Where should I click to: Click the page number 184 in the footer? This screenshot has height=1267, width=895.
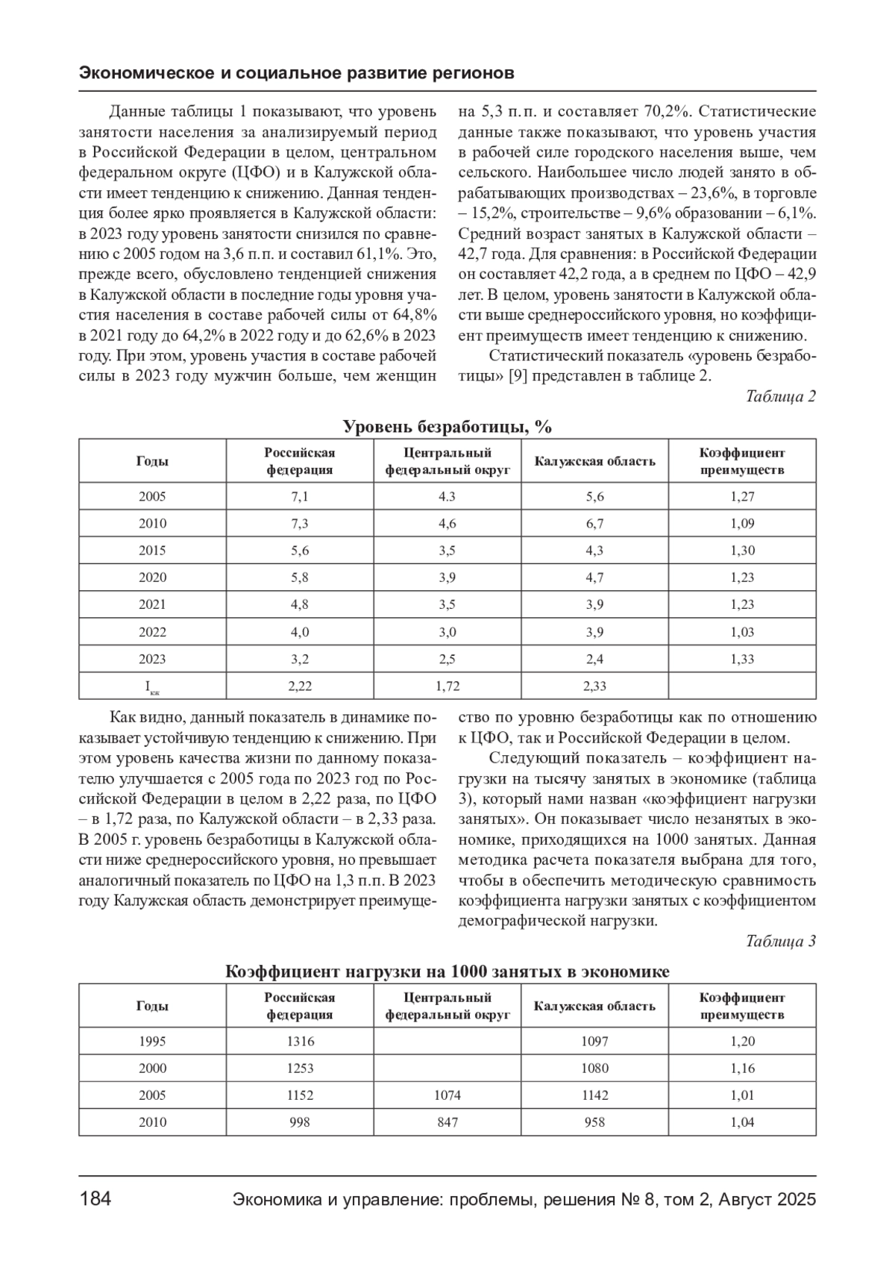click(x=95, y=1199)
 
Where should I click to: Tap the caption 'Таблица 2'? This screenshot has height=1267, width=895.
click(x=780, y=396)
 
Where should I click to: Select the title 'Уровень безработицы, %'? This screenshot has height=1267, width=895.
click(x=447, y=427)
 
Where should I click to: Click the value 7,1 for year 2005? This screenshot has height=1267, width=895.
click(x=299, y=497)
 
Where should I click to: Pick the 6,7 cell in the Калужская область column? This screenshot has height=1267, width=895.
click(x=594, y=524)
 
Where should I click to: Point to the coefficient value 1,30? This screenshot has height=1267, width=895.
click(x=742, y=551)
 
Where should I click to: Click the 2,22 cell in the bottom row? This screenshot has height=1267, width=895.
click(x=299, y=686)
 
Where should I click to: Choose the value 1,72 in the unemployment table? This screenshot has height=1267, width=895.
click(x=447, y=686)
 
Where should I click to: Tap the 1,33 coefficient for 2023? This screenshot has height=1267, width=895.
click(x=742, y=659)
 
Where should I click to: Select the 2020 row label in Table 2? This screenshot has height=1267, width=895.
click(x=152, y=578)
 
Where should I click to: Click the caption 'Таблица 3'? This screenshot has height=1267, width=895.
click(x=780, y=941)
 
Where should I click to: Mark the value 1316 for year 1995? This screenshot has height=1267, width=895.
click(x=300, y=1042)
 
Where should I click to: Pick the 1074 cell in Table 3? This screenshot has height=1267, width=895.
click(x=447, y=1095)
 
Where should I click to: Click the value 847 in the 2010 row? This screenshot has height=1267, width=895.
click(x=447, y=1122)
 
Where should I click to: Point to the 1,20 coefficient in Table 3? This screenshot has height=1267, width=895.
click(x=742, y=1042)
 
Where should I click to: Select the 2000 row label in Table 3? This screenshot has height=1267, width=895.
click(x=152, y=1069)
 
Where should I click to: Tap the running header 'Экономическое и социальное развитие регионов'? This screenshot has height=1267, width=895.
click(x=297, y=74)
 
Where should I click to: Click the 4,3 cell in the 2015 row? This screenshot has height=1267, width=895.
click(x=594, y=551)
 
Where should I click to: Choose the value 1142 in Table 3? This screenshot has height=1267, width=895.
click(x=594, y=1095)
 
